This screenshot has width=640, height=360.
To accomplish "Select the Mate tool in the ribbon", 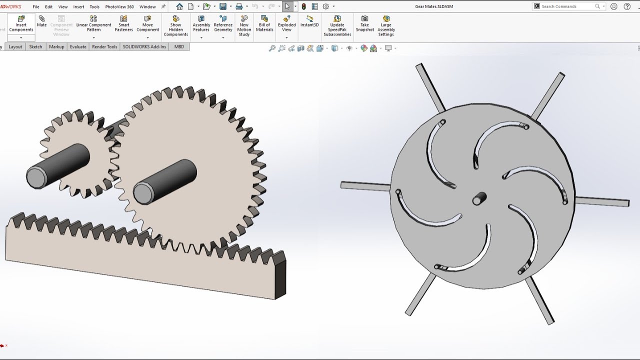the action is click(x=41, y=21).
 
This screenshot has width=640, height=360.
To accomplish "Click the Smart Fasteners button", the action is click(x=123, y=23).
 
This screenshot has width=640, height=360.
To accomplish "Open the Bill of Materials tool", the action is click(x=264, y=23).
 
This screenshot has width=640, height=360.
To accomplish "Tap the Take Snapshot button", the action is click(x=364, y=23).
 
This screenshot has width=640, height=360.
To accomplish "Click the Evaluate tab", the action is click(x=78, y=47).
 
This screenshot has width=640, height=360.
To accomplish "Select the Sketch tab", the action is click(x=35, y=47).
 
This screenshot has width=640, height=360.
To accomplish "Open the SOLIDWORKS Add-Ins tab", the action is click(x=144, y=47).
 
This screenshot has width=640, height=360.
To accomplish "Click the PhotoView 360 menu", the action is click(x=119, y=6).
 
